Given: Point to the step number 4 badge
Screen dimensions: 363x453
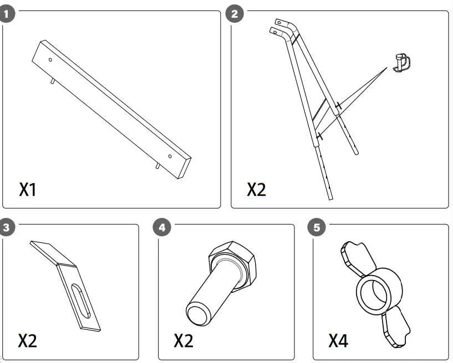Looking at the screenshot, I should point(161,227).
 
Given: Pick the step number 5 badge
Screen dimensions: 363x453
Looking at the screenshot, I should point(317,227).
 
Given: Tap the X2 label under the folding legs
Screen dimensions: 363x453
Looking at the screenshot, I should point(256,190).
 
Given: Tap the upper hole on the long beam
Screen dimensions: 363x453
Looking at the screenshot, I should point(50,59).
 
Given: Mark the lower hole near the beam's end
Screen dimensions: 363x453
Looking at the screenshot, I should point(171,157).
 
